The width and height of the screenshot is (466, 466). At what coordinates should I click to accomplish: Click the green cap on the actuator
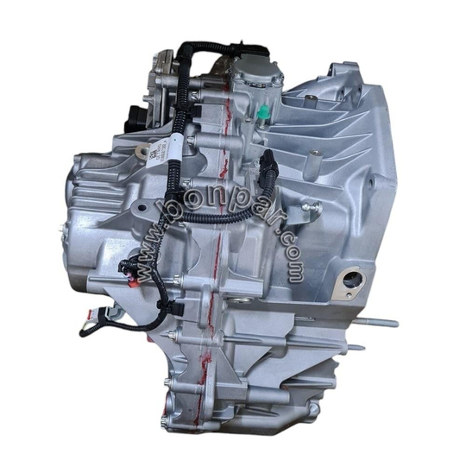pos(260,111)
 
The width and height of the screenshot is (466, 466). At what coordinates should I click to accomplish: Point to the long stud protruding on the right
pos(373,324)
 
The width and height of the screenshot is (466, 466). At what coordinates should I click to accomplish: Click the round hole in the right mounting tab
pos(351,279)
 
